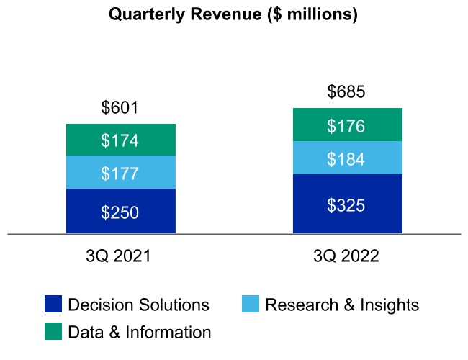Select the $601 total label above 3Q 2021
tap(120, 107)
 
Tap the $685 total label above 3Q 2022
tap(346, 91)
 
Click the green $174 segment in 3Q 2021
tap(121, 140)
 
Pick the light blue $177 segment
tap(121, 172)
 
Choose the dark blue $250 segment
tap(121, 211)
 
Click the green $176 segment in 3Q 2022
tap(348, 125)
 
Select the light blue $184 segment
tap(348, 158)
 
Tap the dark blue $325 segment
tap(348, 204)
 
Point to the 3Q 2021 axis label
tap(119, 256)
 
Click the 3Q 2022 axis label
tap(346, 256)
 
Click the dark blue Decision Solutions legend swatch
tap(53, 304)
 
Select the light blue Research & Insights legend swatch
tap(251, 304)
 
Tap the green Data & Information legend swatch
tap(53, 331)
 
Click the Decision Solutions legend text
tap(139, 305)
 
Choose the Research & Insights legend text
tap(342, 305)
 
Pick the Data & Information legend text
tap(140, 332)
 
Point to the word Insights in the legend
tap(390, 305)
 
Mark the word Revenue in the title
tap(226, 14)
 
